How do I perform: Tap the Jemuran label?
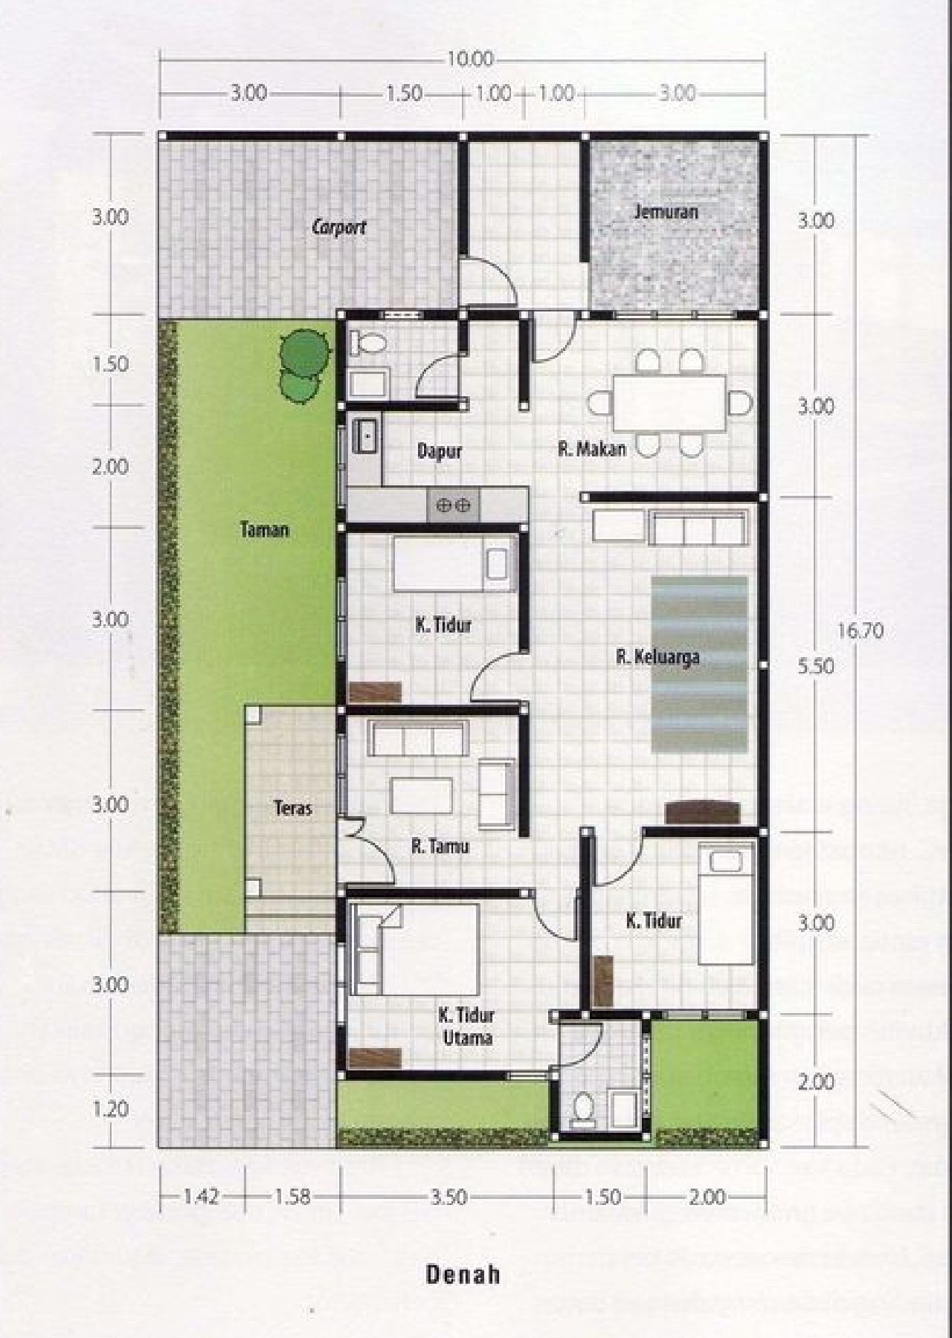(666, 212)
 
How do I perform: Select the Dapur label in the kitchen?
(440, 451)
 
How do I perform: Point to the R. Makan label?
(592, 448)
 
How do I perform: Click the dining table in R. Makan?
(669, 403)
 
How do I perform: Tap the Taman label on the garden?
(265, 530)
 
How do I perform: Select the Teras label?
(292, 808)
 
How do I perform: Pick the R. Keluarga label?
(657, 657)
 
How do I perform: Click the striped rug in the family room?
(699, 664)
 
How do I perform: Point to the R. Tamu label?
(440, 846)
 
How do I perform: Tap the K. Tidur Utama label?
(466, 1026)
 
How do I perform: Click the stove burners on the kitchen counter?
(453, 505)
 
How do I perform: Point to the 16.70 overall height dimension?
(861, 631)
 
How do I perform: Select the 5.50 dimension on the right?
(816, 666)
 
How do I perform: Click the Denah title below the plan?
(463, 1275)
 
